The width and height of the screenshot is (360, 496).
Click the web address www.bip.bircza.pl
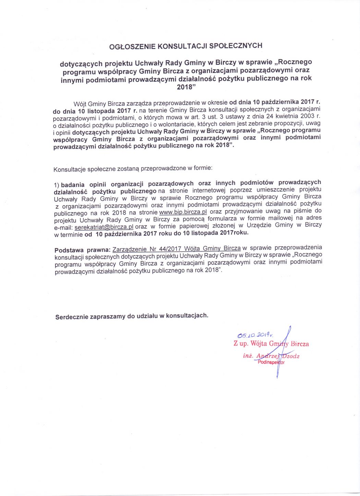coord(183,212)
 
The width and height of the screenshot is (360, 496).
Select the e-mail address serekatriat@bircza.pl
coord(104,227)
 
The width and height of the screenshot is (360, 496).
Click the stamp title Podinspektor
coord(271,362)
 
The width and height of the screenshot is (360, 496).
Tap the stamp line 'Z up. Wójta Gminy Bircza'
coord(271,344)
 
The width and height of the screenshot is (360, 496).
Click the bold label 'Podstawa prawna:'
coord(82,250)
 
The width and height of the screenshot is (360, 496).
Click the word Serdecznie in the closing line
coord(72,317)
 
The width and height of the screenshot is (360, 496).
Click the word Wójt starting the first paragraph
coord(80,104)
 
